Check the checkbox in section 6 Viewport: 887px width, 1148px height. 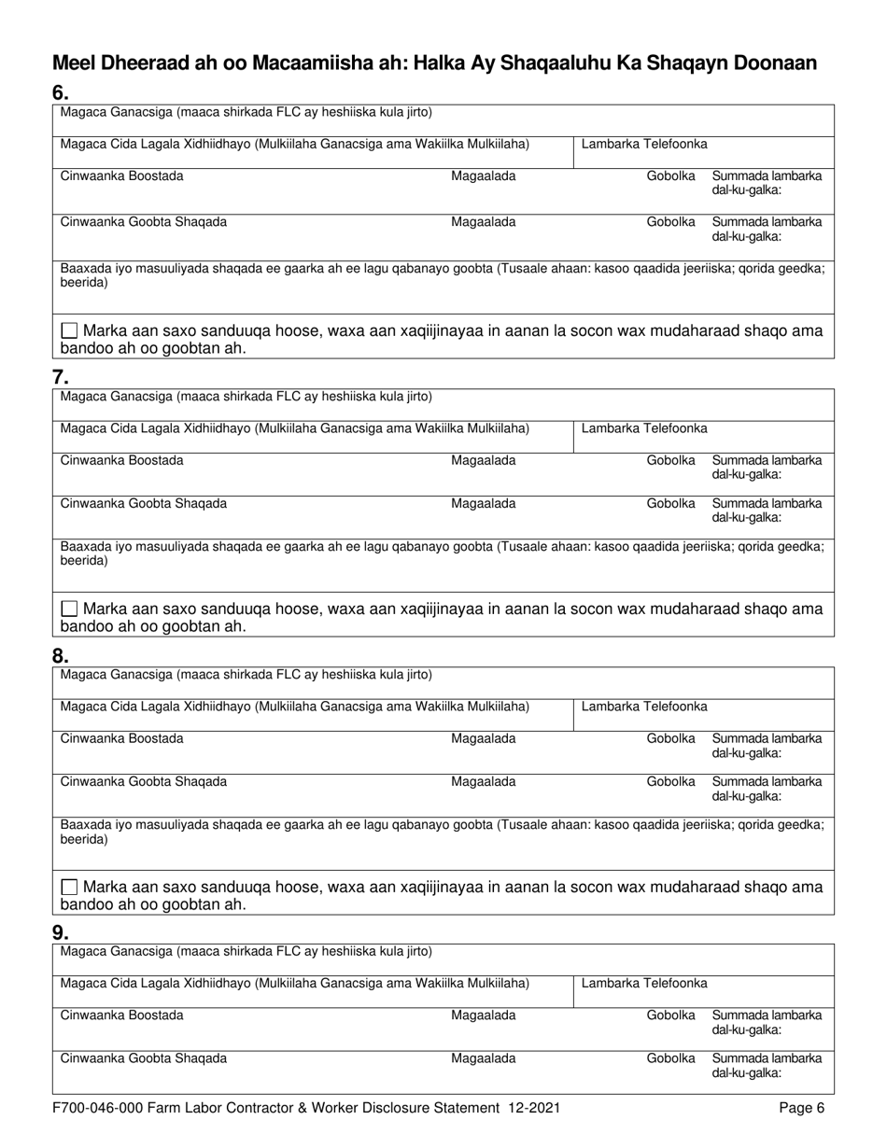click(x=69, y=331)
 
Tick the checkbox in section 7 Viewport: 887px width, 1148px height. click(x=69, y=609)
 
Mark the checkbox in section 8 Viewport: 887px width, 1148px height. click(x=69, y=887)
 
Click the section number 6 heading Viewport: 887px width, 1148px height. click(x=60, y=93)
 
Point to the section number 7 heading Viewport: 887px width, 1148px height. click(x=60, y=378)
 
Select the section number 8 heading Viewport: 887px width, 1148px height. click(x=60, y=655)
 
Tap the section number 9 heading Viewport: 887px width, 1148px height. click(x=60, y=932)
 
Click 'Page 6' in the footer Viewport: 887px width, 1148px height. click(x=802, y=1109)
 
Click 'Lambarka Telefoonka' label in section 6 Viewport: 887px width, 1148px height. click(x=644, y=144)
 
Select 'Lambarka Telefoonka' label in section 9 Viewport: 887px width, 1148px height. click(x=644, y=983)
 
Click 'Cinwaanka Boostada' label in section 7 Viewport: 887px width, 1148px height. click(x=122, y=460)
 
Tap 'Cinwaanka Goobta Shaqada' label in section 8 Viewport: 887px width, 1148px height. click(x=143, y=782)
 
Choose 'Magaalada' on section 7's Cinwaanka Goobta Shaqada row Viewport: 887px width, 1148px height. click(x=483, y=504)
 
